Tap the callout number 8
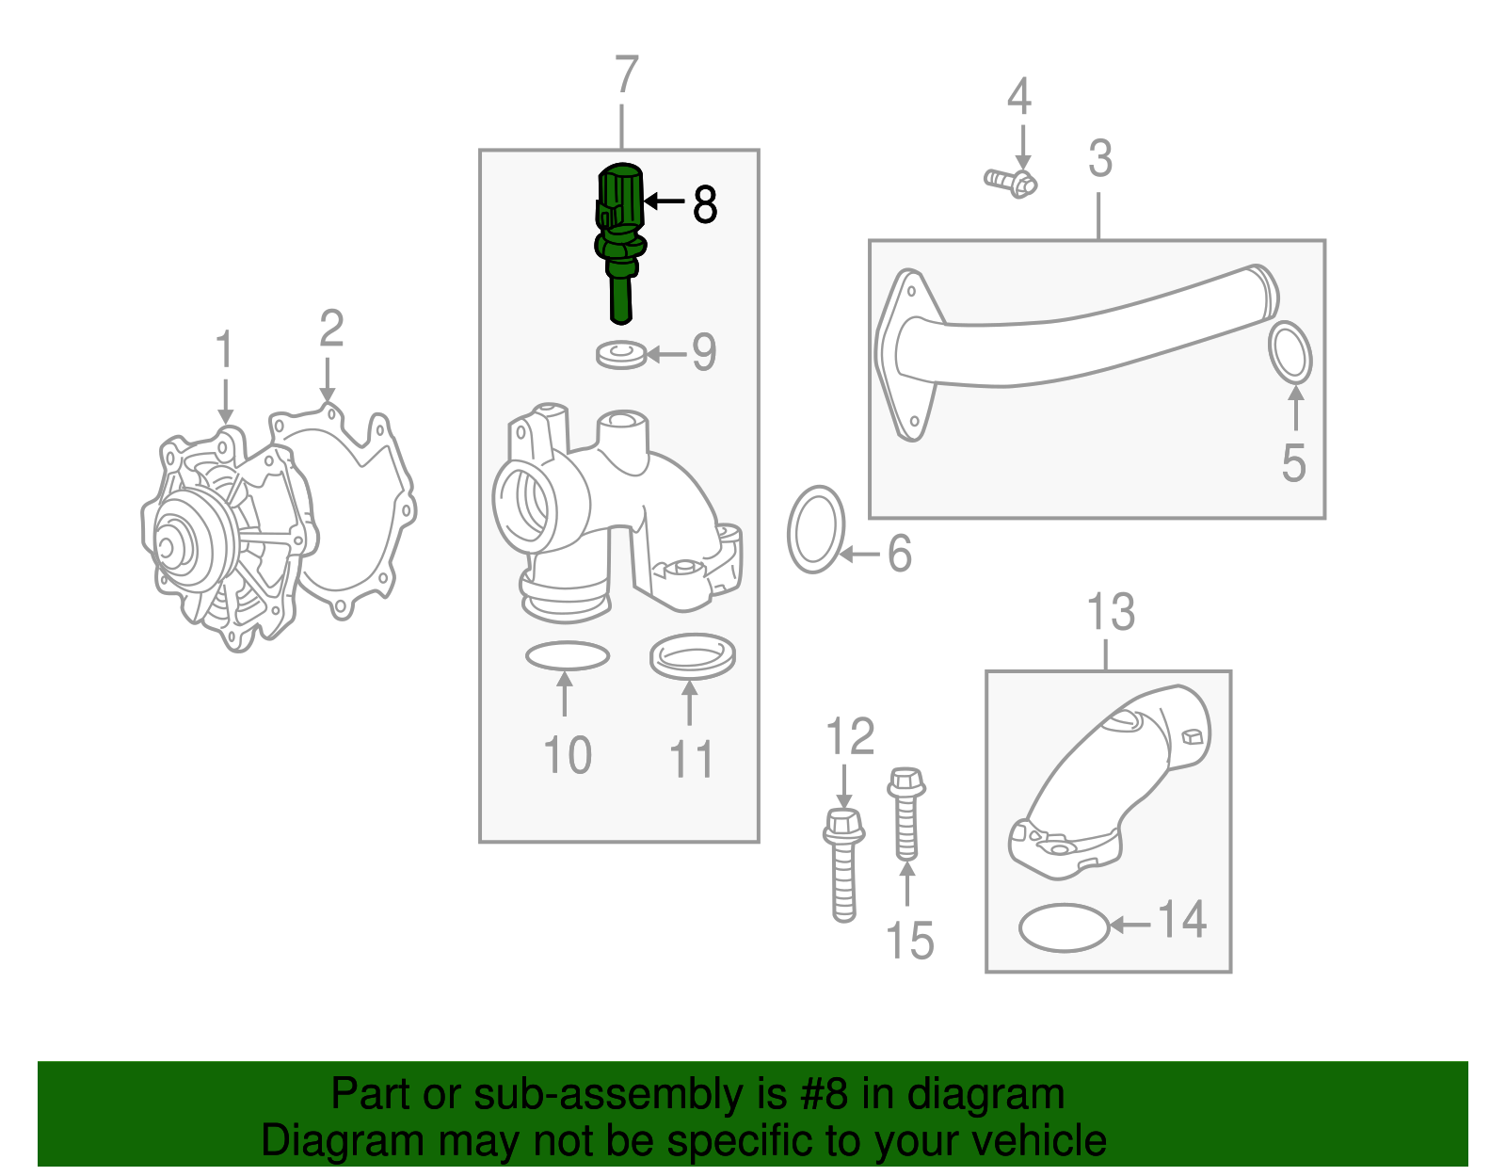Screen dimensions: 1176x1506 tap(705, 204)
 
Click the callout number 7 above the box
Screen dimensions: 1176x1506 tap(627, 75)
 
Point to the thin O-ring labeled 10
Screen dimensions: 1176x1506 tap(567, 656)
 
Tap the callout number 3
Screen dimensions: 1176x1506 tap(1099, 158)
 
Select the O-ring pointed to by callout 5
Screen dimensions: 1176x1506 tap(1290, 353)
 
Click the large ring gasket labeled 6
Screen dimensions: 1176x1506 tap(816, 530)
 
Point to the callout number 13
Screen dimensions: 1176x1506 tap(1111, 612)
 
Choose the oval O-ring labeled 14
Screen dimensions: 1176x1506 tap(1064, 927)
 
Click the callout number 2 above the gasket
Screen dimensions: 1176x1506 tap(330, 330)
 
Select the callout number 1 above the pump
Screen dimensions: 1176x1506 tap(224, 350)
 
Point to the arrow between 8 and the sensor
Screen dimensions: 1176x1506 tap(665, 201)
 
